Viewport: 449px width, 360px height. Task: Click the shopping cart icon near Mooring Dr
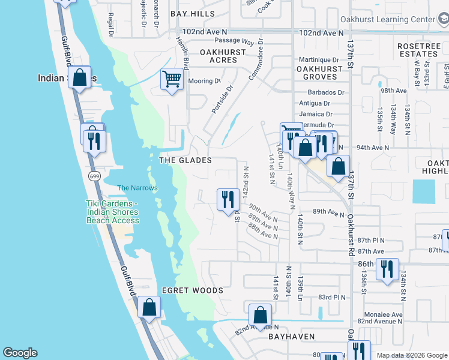click(172, 79)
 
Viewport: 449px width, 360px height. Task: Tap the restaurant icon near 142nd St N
click(228, 199)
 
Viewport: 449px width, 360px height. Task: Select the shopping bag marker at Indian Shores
click(79, 77)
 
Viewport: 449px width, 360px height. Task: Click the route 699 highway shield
click(94, 176)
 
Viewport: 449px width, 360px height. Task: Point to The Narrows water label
click(137, 188)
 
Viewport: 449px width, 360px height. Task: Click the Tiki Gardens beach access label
click(112, 212)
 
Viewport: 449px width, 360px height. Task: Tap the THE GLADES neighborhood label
click(185, 160)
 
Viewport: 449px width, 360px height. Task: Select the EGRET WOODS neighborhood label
click(192, 290)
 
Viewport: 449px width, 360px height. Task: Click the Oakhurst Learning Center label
click(387, 19)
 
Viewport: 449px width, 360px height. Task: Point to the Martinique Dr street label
click(319, 59)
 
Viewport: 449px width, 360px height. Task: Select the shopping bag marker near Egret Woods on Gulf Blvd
click(149, 307)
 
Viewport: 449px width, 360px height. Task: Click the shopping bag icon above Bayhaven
click(260, 314)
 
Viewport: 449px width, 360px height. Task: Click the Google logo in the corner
click(20, 353)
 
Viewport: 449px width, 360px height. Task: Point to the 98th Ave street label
click(394, 91)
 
